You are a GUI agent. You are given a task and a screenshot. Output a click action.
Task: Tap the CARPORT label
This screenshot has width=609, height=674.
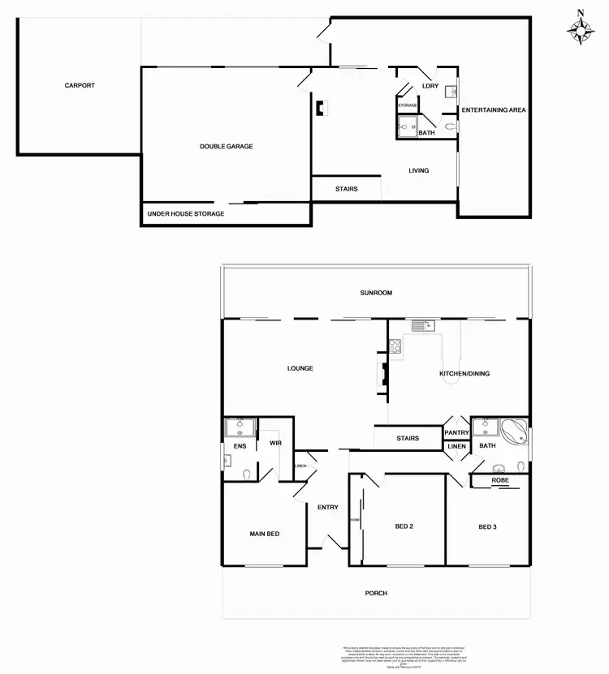point(80,85)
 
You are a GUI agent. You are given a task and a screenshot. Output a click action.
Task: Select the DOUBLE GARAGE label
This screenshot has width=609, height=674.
point(227,147)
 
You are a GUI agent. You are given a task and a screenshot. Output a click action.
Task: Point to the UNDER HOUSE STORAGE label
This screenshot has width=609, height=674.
point(186,214)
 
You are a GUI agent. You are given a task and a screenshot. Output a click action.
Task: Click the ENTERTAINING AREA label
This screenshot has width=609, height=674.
point(494,109)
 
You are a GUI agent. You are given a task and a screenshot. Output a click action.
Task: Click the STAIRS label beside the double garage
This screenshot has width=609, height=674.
point(347,189)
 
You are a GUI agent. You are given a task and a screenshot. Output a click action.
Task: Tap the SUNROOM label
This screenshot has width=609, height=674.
point(376,293)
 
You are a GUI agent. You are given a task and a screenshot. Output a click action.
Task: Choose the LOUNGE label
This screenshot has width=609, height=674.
point(300,368)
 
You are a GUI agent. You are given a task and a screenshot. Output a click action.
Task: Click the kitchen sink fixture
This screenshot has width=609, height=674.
point(423,326)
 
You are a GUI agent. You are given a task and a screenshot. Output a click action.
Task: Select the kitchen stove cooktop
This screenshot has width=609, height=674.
point(395,346)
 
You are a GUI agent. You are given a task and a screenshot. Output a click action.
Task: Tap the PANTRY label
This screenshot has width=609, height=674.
point(456,433)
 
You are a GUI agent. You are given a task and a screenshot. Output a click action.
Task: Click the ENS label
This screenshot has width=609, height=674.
point(240,446)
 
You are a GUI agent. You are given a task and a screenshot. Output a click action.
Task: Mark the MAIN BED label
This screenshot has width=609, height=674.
point(264,533)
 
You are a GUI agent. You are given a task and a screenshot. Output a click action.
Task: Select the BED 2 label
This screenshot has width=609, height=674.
point(404,526)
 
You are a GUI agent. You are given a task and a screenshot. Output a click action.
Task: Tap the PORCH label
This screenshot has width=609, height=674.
point(376,594)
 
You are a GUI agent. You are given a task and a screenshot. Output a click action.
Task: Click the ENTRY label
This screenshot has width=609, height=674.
point(327,508)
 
